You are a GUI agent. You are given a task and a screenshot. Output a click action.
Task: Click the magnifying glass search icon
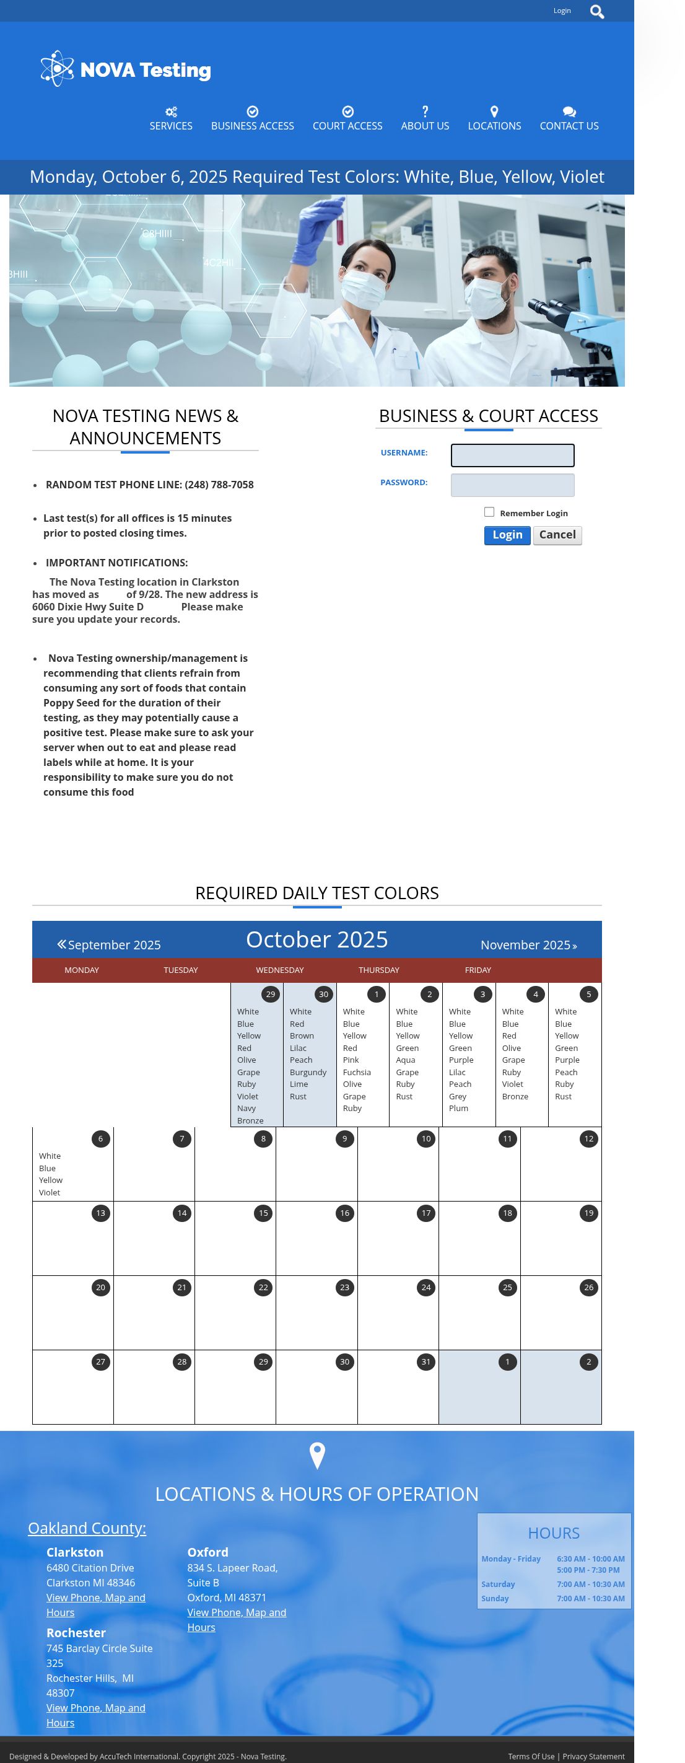(x=596, y=12)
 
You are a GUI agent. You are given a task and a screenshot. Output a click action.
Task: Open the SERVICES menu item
(x=171, y=119)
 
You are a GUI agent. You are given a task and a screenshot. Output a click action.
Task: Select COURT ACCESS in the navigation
(x=347, y=119)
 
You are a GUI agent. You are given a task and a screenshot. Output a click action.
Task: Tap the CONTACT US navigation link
(x=569, y=119)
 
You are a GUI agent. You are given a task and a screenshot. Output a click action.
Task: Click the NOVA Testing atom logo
(x=57, y=68)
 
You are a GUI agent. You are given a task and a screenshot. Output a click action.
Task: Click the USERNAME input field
(x=512, y=455)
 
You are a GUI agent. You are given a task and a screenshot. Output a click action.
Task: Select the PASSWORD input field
(x=512, y=485)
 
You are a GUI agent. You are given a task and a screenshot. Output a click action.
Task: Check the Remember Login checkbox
(x=489, y=512)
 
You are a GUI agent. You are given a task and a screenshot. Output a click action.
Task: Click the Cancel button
(x=557, y=535)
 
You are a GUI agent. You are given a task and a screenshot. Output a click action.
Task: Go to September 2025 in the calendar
(x=109, y=944)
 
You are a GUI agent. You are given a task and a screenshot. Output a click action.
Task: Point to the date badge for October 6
(x=100, y=1139)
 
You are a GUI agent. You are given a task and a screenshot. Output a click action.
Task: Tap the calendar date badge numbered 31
(x=425, y=1362)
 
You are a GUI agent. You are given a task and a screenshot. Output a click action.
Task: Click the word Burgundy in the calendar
(x=308, y=1073)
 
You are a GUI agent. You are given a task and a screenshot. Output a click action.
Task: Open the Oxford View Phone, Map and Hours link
(x=236, y=1619)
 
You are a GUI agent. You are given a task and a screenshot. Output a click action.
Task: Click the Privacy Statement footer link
(x=593, y=1756)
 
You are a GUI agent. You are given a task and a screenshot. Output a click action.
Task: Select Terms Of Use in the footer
(x=531, y=1756)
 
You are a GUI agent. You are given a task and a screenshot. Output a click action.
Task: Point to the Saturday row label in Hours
(x=497, y=1584)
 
